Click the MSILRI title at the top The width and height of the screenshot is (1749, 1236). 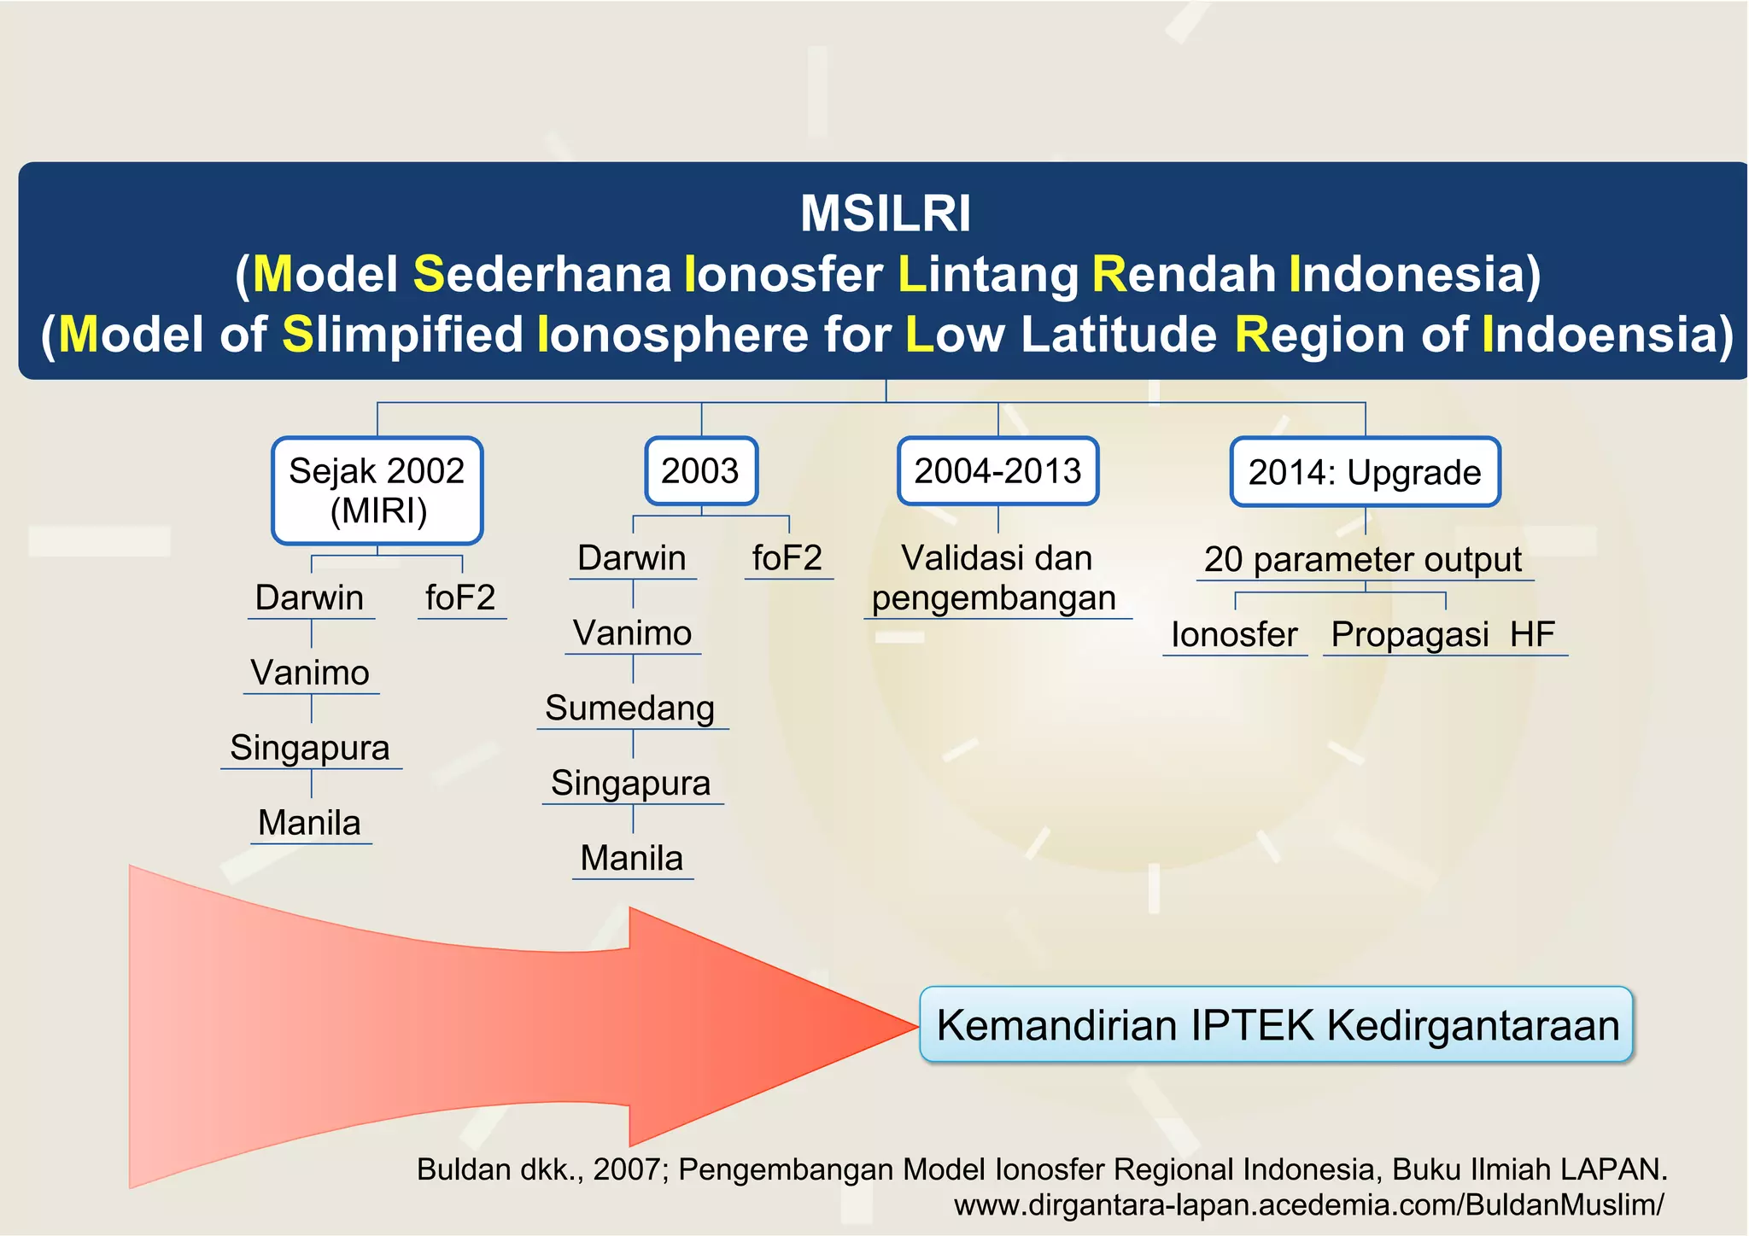885,213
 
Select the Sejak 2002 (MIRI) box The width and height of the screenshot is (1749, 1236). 377,491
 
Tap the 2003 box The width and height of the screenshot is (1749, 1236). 700,471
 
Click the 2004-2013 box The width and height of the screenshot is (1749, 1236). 997,471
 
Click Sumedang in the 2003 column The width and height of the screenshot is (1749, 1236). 630,708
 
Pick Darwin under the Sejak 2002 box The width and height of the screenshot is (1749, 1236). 309,598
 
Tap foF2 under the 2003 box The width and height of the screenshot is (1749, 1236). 787,558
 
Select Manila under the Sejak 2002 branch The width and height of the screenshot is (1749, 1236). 309,823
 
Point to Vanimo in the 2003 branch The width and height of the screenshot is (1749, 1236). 632,633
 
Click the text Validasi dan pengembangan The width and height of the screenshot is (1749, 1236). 996,579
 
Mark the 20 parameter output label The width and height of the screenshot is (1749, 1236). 1363,560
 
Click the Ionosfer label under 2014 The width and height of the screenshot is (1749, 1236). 1234,635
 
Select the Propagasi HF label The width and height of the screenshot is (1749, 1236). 1442,635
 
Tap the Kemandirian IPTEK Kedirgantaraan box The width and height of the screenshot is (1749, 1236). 1276,1025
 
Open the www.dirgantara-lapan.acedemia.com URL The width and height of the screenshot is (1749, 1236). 1308,1205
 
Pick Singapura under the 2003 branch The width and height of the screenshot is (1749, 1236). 630,784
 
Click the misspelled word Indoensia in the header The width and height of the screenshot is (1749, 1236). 1606,334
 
